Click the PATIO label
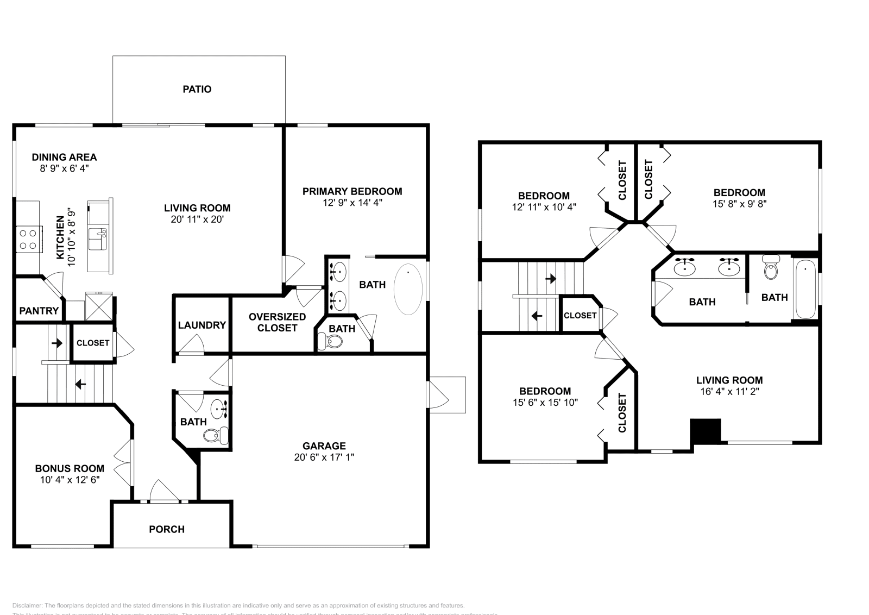[197, 89]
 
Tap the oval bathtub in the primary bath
[408, 289]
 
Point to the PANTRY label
[39, 311]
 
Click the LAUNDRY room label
[201, 325]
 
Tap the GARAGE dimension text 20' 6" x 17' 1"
[324, 457]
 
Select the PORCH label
[167, 529]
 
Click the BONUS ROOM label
[70, 468]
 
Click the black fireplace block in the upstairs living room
[706, 431]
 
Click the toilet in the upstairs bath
[770, 268]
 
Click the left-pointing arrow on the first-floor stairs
[80, 385]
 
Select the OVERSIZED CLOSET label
[277, 322]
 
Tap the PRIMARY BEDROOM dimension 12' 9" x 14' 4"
[352, 203]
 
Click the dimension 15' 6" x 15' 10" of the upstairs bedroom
[545, 403]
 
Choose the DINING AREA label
[64, 157]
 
